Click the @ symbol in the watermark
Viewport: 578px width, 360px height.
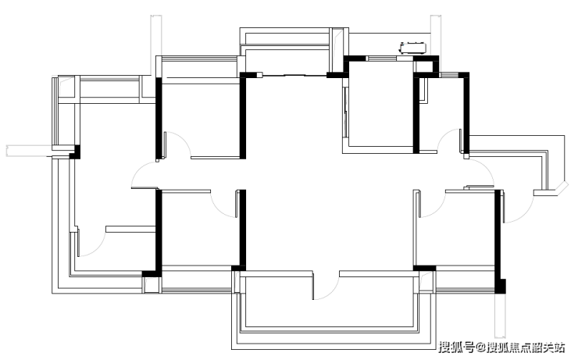(480, 347)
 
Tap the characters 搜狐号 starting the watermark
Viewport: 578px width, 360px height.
(456, 347)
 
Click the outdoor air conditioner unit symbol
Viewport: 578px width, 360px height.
(413, 48)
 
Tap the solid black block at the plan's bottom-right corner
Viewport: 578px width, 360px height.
(500, 287)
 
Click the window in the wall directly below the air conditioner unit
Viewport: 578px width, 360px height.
(381, 59)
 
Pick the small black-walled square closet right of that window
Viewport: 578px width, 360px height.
(426, 66)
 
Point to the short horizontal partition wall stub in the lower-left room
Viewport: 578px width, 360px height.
(130, 229)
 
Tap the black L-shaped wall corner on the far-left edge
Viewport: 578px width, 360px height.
(75, 151)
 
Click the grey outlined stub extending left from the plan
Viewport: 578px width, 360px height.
(30, 151)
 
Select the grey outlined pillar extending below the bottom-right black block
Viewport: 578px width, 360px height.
(500, 315)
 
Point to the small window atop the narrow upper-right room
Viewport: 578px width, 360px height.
(449, 75)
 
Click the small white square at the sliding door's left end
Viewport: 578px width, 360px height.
(259, 75)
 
